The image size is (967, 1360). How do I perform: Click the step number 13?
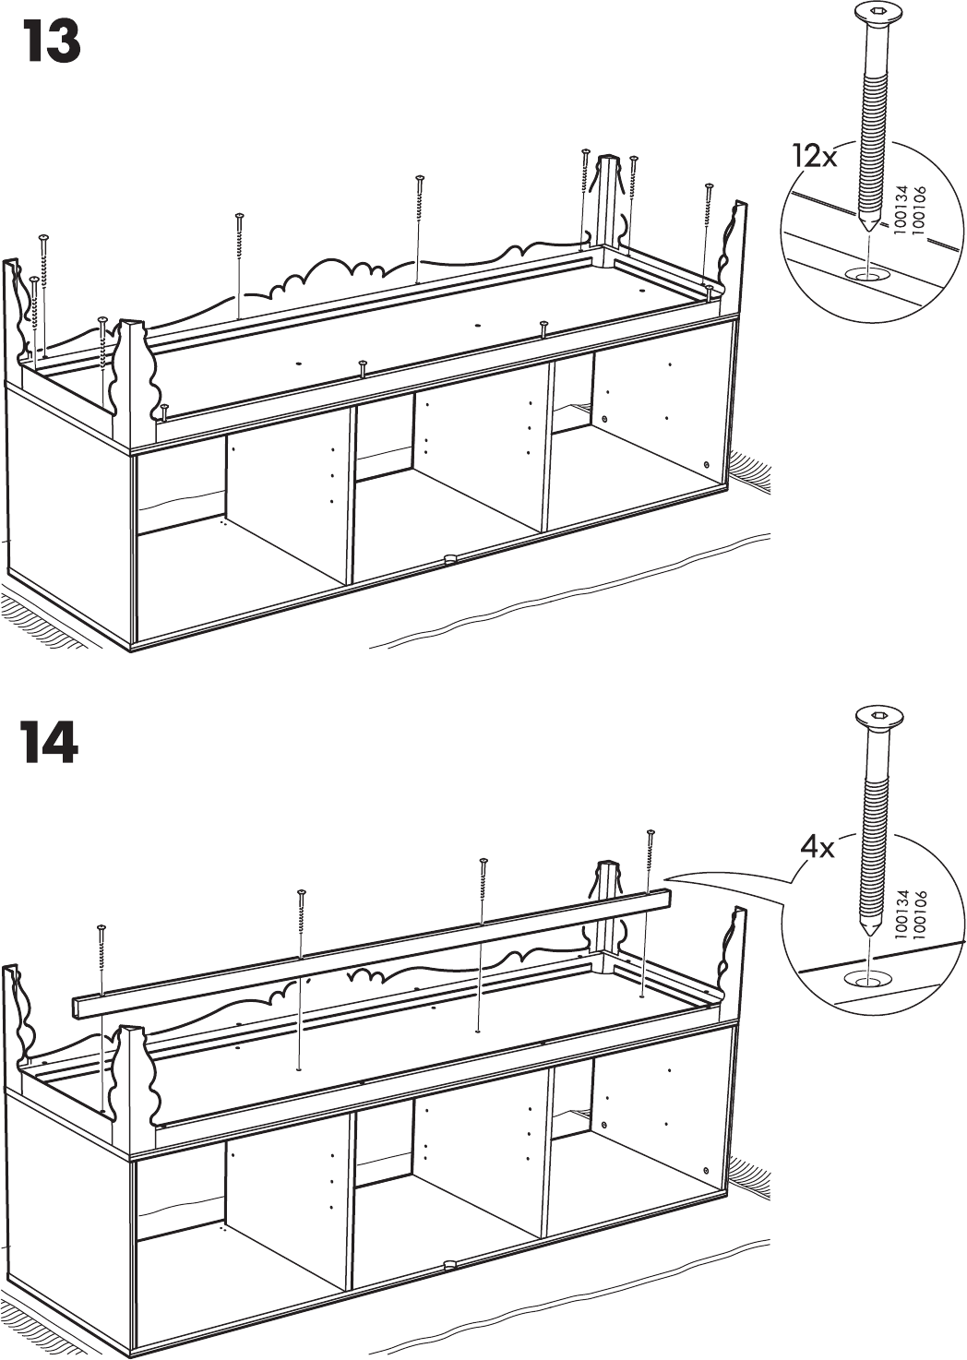pos(52,42)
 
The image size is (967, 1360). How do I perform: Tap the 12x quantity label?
pos(815,156)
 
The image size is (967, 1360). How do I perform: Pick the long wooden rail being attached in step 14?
pos(369,950)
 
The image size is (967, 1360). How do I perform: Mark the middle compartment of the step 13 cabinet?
pos(452,471)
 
